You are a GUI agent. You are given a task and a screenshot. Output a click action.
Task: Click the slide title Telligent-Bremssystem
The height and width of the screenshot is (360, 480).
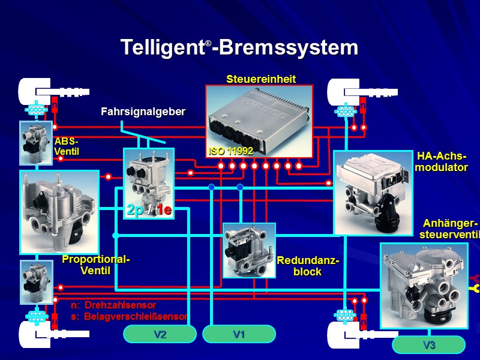(239, 48)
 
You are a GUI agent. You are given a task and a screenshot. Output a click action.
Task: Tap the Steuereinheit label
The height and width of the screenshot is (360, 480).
(261, 79)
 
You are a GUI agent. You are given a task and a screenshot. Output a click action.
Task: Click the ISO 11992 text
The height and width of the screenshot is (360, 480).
(231, 151)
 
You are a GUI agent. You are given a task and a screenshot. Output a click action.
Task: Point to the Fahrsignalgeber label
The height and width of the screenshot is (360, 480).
(143, 112)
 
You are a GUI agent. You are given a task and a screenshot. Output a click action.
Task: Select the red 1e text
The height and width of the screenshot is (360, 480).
(164, 210)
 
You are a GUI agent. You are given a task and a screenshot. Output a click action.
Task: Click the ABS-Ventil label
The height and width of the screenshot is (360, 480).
(67, 146)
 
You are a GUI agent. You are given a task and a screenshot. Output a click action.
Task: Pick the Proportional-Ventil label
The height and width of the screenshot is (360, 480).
(96, 265)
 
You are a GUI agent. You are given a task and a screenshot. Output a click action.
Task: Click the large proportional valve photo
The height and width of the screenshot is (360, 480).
(59, 211)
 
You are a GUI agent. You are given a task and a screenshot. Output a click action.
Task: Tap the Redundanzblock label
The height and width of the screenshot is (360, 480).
(308, 266)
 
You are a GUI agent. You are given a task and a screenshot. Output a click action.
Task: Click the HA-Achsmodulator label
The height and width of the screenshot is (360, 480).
(442, 162)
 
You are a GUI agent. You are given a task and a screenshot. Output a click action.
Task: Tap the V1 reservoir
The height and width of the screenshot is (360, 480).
(239, 334)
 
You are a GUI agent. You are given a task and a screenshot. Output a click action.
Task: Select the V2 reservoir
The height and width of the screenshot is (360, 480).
(160, 334)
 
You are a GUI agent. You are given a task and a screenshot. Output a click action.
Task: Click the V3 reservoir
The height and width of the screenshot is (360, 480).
(428, 345)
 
